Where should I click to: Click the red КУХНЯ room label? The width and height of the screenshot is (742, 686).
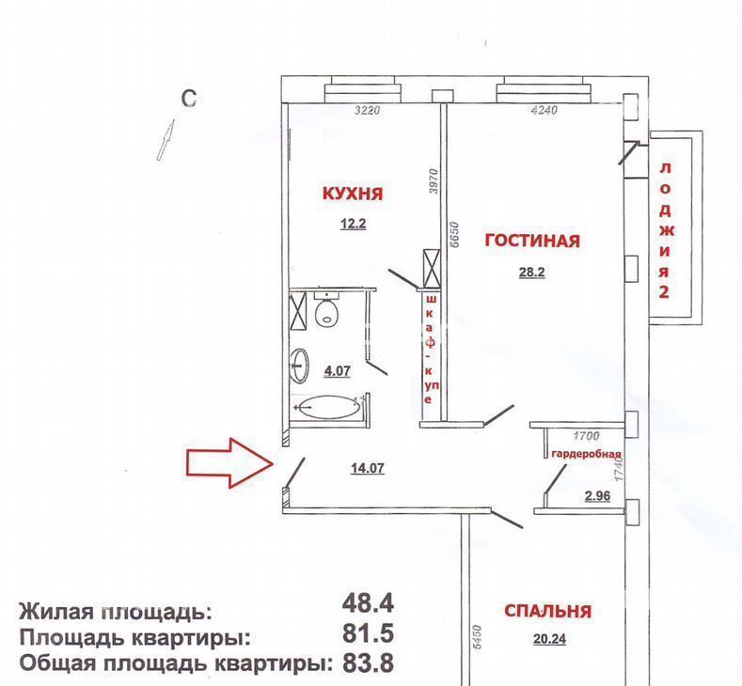point(353,194)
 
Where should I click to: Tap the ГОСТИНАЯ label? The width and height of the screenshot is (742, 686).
point(532,241)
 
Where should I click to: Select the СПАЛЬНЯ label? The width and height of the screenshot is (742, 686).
point(547,611)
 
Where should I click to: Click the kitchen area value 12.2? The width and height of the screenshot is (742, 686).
point(354,223)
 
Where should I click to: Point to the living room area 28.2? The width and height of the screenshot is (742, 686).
point(532,273)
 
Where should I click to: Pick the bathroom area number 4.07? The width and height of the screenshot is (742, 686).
point(337,370)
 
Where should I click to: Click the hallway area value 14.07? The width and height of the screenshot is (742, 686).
point(368,468)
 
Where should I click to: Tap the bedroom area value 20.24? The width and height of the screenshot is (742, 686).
point(549,639)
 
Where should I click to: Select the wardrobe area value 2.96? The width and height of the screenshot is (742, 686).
point(598,496)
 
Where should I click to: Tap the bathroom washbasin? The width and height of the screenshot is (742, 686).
point(300,365)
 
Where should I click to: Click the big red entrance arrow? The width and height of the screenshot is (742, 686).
point(229,463)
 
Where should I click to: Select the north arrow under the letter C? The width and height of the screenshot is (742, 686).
point(166,139)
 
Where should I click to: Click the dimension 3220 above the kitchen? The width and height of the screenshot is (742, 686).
point(368,111)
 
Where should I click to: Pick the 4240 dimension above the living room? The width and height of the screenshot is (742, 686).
point(545,110)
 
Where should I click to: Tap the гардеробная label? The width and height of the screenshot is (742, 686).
point(586,454)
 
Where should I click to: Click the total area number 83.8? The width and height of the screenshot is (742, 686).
point(368,663)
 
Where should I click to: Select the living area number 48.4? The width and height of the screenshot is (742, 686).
point(368,603)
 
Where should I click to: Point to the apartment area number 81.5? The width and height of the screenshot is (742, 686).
point(368,633)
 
